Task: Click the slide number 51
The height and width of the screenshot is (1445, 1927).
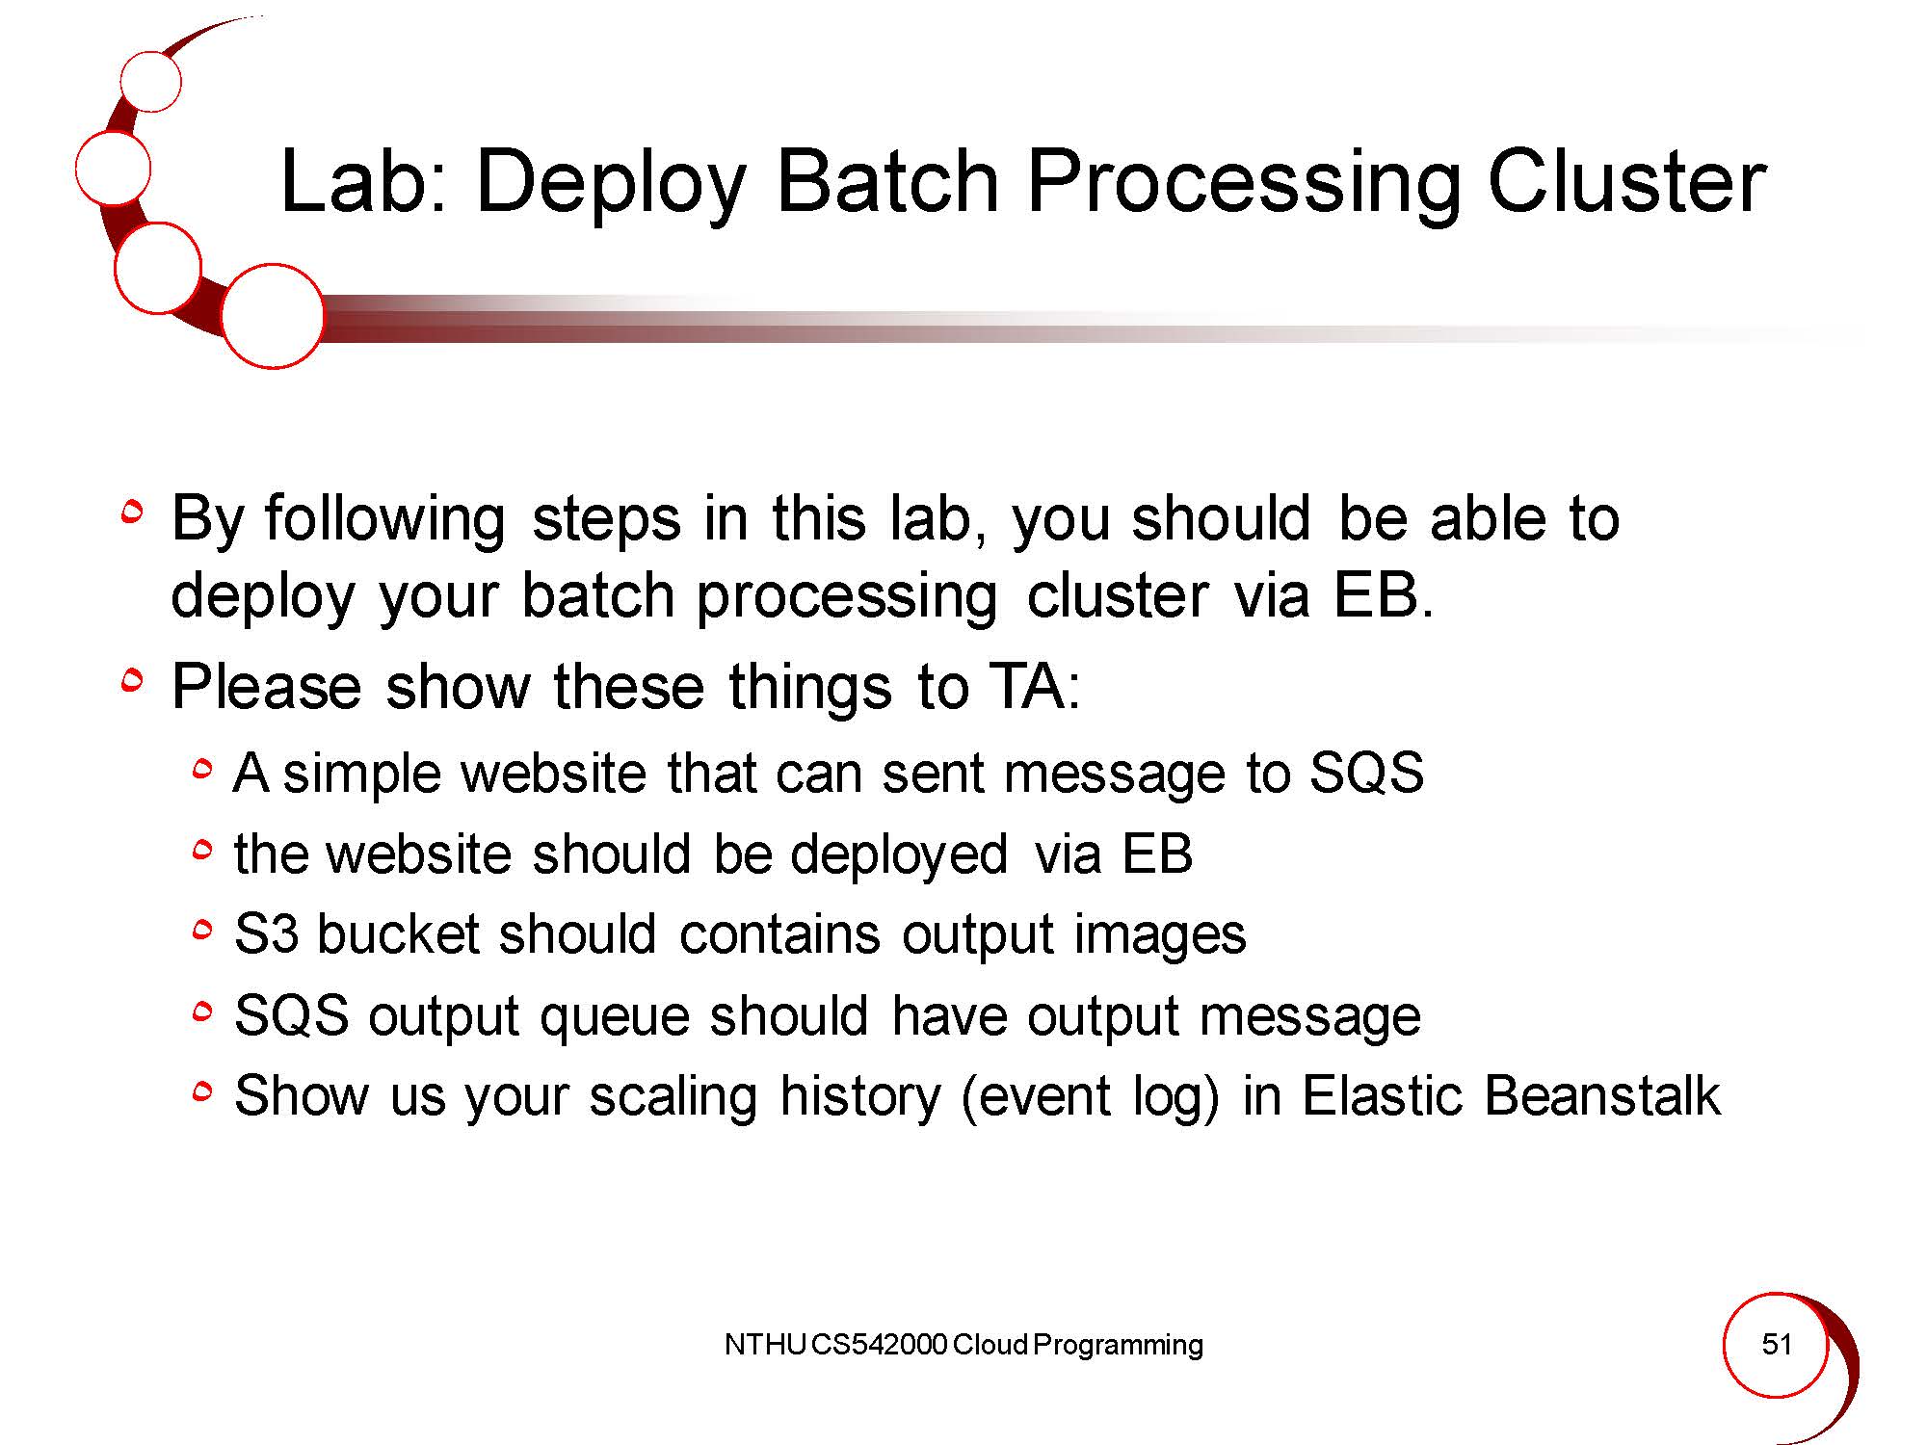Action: [x=1777, y=1344]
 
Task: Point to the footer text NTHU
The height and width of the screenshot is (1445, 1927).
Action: [x=765, y=1345]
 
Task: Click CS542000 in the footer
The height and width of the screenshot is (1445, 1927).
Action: [x=879, y=1345]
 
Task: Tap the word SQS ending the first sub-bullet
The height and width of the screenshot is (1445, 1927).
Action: [x=1366, y=773]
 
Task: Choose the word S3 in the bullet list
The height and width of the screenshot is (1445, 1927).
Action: [x=266, y=934]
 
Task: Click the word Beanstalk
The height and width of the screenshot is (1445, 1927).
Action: [x=1601, y=1095]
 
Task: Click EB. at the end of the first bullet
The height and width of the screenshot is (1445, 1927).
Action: [x=1384, y=594]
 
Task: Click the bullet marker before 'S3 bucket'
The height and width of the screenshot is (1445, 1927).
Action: [x=201, y=931]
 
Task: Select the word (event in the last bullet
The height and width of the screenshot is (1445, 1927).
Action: [x=1036, y=1097]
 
